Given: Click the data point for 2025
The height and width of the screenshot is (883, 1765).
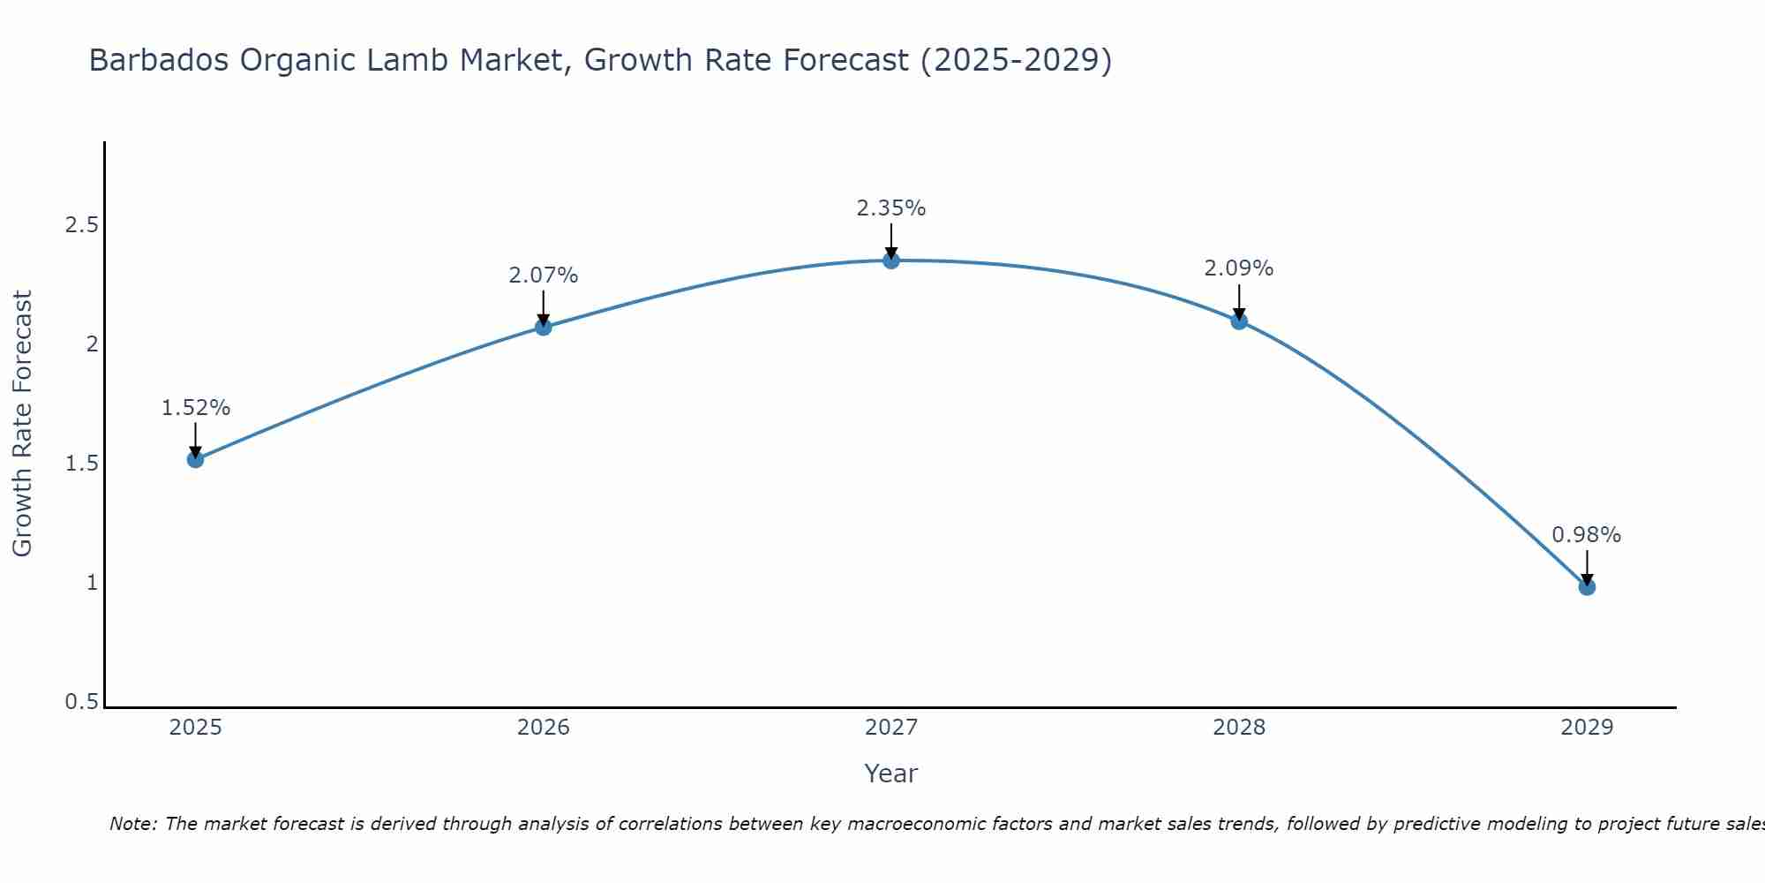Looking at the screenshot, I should [196, 459].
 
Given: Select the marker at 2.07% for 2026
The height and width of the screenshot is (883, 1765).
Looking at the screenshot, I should [544, 328].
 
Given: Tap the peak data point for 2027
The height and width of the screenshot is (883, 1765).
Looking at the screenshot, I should [891, 260].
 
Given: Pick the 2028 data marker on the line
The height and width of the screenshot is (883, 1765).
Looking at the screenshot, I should [1239, 321].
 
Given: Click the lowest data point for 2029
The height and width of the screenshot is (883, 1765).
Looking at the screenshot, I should [1587, 587].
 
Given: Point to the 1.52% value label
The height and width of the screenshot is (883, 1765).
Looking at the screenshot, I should [196, 408].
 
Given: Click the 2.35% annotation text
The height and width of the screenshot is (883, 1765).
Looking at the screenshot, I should [891, 208].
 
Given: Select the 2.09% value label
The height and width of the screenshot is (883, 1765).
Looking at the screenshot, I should [1239, 268].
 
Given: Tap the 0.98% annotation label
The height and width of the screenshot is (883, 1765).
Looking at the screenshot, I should [1587, 535].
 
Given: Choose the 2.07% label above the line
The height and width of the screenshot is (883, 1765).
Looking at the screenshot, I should [544, 275].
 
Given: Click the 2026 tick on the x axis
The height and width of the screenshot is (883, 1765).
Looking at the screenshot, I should [544, 728].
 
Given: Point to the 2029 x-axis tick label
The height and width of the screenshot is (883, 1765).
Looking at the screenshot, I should [1587, 728].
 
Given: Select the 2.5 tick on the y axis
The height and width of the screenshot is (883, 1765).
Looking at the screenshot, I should [81, 225].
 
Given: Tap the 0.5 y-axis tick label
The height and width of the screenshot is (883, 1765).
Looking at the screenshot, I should [81, 702].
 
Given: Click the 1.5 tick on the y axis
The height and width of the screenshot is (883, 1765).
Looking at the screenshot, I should [81, 464].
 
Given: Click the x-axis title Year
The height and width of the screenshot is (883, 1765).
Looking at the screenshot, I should [891, 774].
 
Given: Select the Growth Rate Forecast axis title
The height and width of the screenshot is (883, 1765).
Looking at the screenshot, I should [22, 424].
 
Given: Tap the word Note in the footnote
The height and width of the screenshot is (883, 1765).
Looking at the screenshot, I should [132, 824].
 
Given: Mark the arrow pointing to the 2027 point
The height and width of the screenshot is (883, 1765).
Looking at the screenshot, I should [891, 240].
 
